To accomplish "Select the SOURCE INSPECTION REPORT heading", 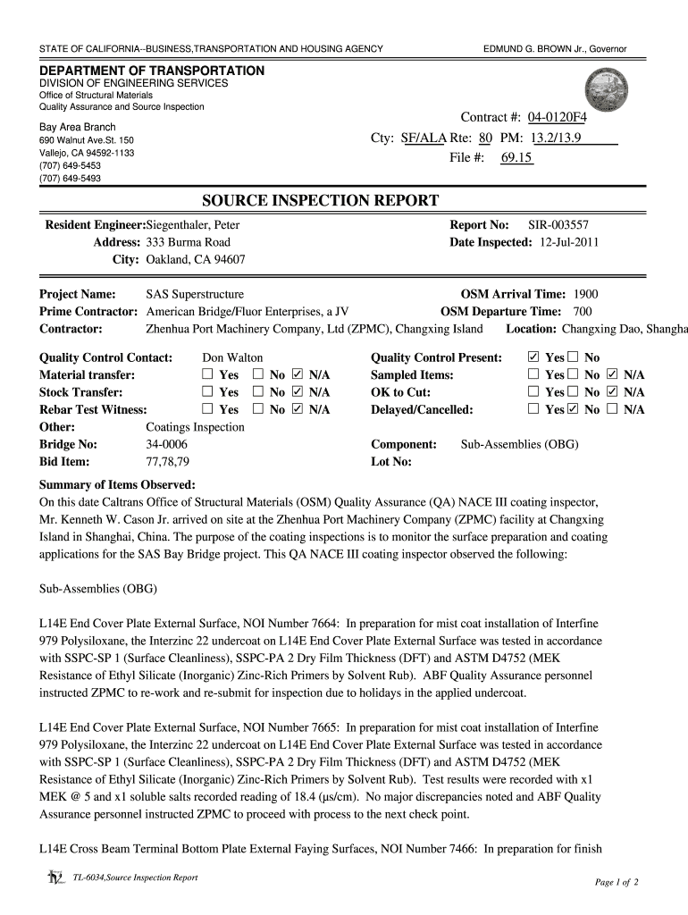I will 320,200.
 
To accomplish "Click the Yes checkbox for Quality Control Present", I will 534,357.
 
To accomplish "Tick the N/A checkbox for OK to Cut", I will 612,392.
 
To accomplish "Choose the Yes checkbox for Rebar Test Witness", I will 207,410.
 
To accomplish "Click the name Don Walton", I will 232,357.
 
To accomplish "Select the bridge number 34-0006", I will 166,444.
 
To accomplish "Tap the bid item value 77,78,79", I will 167,462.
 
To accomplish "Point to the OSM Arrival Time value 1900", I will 586,294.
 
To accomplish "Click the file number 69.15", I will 516,158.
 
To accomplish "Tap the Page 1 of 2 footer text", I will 616,882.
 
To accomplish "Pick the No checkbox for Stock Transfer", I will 258,392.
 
